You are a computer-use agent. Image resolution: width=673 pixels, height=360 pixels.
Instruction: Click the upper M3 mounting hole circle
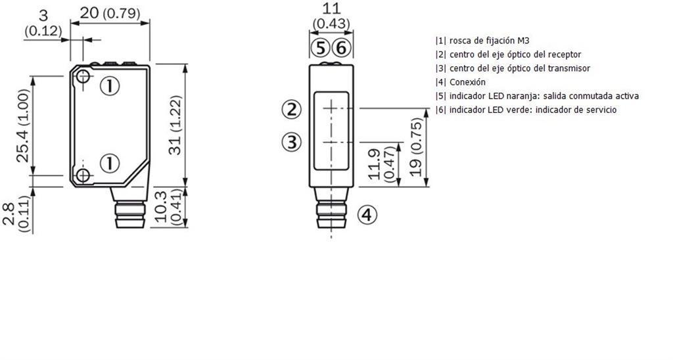tap(83, 77)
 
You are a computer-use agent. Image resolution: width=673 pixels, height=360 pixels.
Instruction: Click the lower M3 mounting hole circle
tap(83, 175)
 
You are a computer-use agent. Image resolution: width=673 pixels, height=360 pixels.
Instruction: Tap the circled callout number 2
tap(292, 110)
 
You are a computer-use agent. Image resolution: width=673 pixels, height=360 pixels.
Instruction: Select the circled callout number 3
tap(292, 142)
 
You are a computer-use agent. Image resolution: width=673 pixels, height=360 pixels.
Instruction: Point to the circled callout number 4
tap(367, 215)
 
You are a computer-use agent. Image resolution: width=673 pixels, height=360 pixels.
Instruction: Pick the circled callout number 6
tap(341, 49)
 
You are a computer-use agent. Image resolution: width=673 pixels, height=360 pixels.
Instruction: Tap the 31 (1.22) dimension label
tap(176, 125)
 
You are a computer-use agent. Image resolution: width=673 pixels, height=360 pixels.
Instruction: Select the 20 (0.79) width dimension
tap(110, 13)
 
